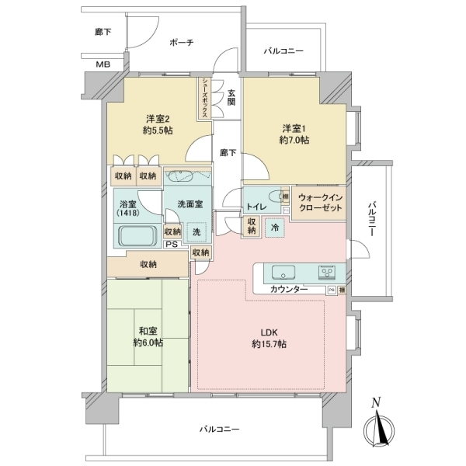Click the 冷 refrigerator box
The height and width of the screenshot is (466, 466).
274,228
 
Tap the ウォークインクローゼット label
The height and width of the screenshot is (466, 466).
320,203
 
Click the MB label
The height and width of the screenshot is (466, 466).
103,64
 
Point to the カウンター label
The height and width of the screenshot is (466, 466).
289,290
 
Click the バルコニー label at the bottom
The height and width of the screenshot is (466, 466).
219,429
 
